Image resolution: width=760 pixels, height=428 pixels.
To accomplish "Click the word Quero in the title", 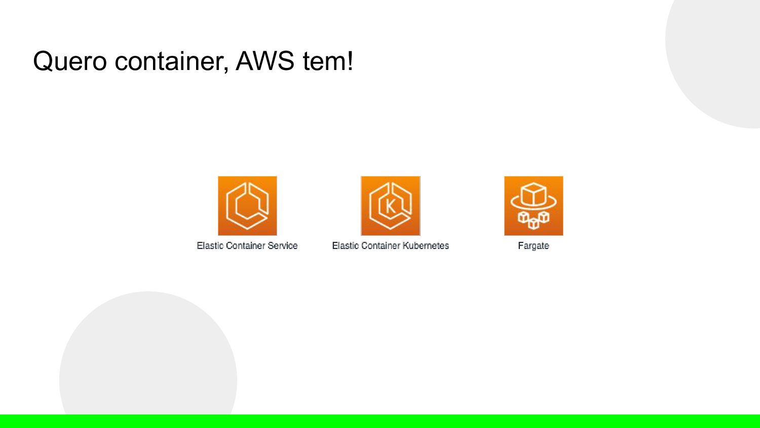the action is click(x=69, y=61).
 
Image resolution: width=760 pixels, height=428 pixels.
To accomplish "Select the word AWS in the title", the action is click(x=265, y=61).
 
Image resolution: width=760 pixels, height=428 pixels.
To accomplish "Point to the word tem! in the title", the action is click(x=327, y=61).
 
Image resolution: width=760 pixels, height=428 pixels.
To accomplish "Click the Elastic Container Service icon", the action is click(x=247, y=206).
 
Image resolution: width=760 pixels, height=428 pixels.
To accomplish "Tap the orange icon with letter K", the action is click(x=391, y=206).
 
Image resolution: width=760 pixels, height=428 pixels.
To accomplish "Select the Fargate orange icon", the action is click(x=534, y=206).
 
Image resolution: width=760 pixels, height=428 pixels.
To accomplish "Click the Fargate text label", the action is click(x=534, y=246).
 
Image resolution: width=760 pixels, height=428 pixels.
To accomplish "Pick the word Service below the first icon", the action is click(x=282, y=245).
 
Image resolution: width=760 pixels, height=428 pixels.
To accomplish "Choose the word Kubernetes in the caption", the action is click(x=426, y=245).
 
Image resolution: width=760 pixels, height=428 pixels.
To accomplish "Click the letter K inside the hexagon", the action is click(x=390, y=206).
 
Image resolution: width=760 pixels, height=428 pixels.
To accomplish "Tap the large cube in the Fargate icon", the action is click(x=534, y=195).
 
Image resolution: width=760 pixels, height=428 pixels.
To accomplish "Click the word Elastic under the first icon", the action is click(x=210, y=245).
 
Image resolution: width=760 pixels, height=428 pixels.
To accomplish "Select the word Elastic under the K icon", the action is click(x=345, y=245).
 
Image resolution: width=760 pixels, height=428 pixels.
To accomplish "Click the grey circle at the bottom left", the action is click(x=148, y=355).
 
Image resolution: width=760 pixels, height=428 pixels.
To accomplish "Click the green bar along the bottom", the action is click(x=380, y=421).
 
